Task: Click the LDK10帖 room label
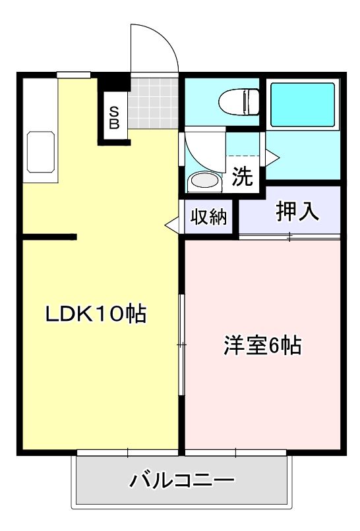[95, 314]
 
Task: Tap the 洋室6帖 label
[262, 344]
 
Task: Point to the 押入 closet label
[297, 210]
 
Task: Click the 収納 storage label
[209, 217]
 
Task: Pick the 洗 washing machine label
[242, 177]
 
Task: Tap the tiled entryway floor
[154, 103]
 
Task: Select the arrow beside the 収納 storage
[173, 224]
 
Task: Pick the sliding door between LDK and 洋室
[181, 343]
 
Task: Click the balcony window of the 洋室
[235, 453]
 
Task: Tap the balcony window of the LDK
[128, 453]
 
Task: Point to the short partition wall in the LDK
[50, 236]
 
